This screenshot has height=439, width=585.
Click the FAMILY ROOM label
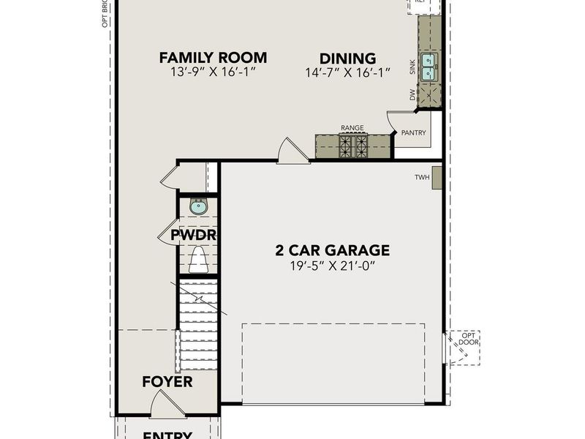tap(213, 57)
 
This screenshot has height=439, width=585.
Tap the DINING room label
tap(347, 59)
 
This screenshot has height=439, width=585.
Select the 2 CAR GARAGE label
tap(333, 250)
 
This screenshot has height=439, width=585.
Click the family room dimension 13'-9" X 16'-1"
tap(213, 72)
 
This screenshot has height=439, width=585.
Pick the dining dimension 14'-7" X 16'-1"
tap(347, 72)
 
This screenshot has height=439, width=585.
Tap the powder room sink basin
tap(198, 207)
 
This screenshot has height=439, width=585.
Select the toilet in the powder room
tap(198, 259)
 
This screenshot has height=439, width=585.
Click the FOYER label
tap(167, 382)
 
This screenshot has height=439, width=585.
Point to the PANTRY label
tap(414, 132)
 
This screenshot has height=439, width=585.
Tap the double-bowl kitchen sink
tap(429, 67)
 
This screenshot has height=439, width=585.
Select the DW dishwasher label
tap(412, 95)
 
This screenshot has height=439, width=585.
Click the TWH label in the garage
tap(422, 177)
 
